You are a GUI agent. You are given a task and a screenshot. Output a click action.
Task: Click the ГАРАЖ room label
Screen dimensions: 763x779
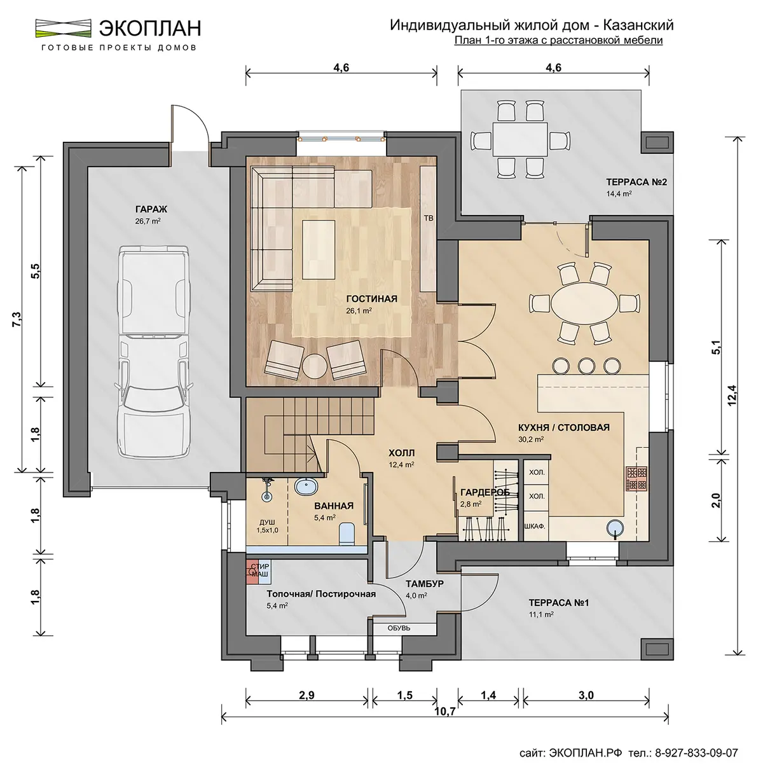[x=151, y=209]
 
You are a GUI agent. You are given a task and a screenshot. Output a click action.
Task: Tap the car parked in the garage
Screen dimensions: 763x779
[x=154, y=351]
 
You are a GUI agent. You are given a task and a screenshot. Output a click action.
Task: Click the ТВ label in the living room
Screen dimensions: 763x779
[x=428, y=218]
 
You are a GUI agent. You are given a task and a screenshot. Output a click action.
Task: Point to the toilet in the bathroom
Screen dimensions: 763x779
[x=347, y=533]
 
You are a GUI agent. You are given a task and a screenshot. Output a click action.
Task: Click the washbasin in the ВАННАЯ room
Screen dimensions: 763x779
[x=306, y=486]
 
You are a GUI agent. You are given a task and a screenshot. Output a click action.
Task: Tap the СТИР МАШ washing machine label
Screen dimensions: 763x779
[x=260, y=570]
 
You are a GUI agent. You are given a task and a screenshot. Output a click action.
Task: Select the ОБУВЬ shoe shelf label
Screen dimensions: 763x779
[x=399, y=628]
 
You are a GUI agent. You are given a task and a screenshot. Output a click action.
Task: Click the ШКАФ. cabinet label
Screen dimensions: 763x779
[x=535, y=527]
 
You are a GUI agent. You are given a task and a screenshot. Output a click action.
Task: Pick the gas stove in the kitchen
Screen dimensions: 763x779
[x=637, y=479]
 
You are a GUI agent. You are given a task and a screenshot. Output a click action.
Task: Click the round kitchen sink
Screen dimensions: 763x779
[x=615, y=528]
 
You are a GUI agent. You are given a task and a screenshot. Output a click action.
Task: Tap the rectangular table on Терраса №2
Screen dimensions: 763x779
[x=519, y=139]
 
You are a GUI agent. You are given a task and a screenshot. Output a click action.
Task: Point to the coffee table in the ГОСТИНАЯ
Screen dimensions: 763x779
[x=319, y=249]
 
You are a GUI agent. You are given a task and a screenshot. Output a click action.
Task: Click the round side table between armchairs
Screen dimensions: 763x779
[x=315, y=366]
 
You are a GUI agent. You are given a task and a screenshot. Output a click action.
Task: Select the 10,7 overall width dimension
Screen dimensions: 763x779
[x=446, y=723]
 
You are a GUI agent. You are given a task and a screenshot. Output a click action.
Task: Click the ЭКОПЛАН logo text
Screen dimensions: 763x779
[x=150, y=28]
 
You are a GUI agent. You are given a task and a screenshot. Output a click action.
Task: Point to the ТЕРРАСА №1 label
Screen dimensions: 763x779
[x=559, y=603]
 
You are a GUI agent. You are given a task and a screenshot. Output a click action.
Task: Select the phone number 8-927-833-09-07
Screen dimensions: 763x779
[x=696, y=753]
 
